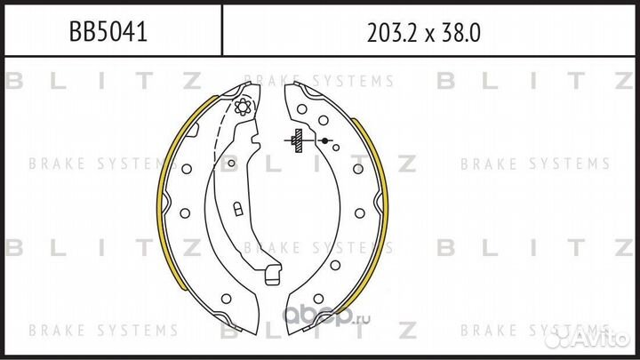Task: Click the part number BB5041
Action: (x=108, y=31)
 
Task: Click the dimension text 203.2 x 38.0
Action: (x=424, y=33)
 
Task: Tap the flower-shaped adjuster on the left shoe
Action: (x=243, y=107)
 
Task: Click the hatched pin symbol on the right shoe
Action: (x=299, y=140)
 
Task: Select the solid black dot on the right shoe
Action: (x=325, y=140)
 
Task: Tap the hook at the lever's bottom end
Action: (x=273, y=275)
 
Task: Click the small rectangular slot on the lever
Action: (x=238, y=209)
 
